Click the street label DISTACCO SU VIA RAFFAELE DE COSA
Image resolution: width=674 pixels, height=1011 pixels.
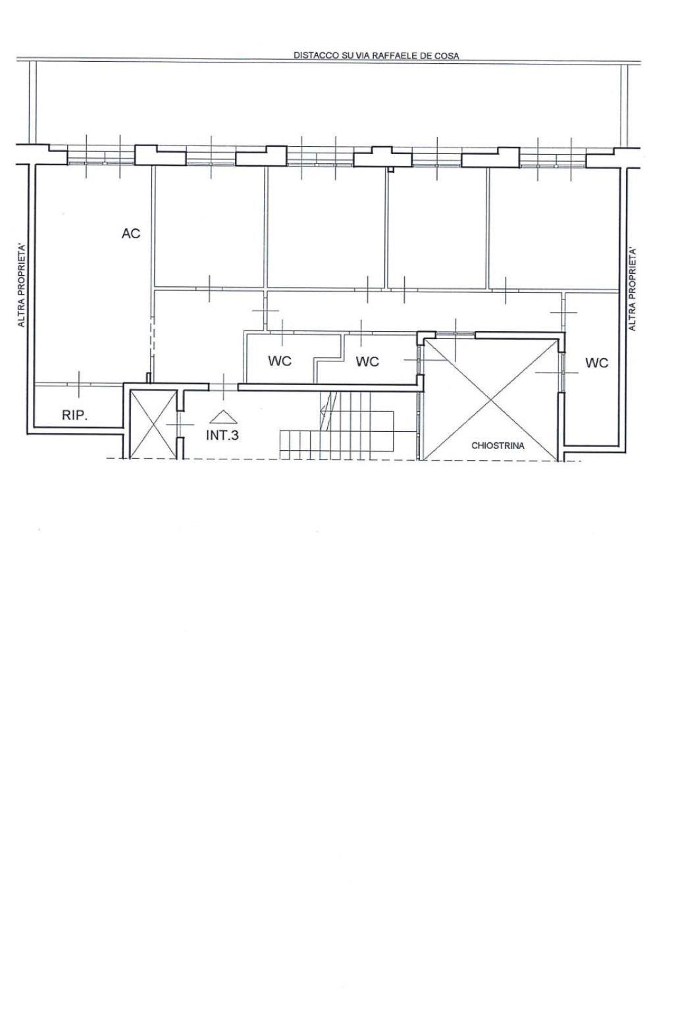pos(376,55)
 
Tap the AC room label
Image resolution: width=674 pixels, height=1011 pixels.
pos(131,234)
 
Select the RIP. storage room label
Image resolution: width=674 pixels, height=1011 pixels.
pos(75,415)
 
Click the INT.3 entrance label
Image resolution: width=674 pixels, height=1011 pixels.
pos(222,435)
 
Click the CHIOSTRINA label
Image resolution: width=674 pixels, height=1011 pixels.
pos(498,446)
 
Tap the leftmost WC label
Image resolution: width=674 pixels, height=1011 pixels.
pos(280,361)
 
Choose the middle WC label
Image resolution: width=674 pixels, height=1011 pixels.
pos(367,361)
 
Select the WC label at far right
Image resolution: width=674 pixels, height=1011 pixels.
pos(597,363)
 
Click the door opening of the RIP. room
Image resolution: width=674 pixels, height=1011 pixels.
pos(79,384)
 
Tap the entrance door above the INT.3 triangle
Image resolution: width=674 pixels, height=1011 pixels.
pos(224,387)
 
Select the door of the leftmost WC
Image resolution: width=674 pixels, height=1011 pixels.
pos(282,332)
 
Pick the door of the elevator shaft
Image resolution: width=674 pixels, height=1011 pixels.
pos(180,425)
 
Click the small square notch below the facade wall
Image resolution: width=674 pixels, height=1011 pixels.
pos(392,170)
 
